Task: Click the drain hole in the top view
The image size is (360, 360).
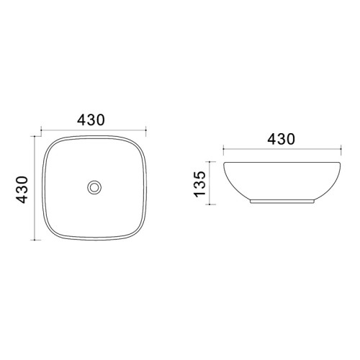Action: (94, 187)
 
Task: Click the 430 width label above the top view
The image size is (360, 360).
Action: (91, 120)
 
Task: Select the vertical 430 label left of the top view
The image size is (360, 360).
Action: (22, 189)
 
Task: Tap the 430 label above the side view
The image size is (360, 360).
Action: (281, 139)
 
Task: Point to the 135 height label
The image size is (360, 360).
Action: (199, 184)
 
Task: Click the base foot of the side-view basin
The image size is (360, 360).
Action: (282, 202)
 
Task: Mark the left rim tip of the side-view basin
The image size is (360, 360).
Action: (224, 163)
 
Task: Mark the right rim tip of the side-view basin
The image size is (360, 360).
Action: (340, 163)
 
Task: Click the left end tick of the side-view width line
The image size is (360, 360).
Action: (223, 148)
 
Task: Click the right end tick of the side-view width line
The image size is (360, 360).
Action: (341, 148)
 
